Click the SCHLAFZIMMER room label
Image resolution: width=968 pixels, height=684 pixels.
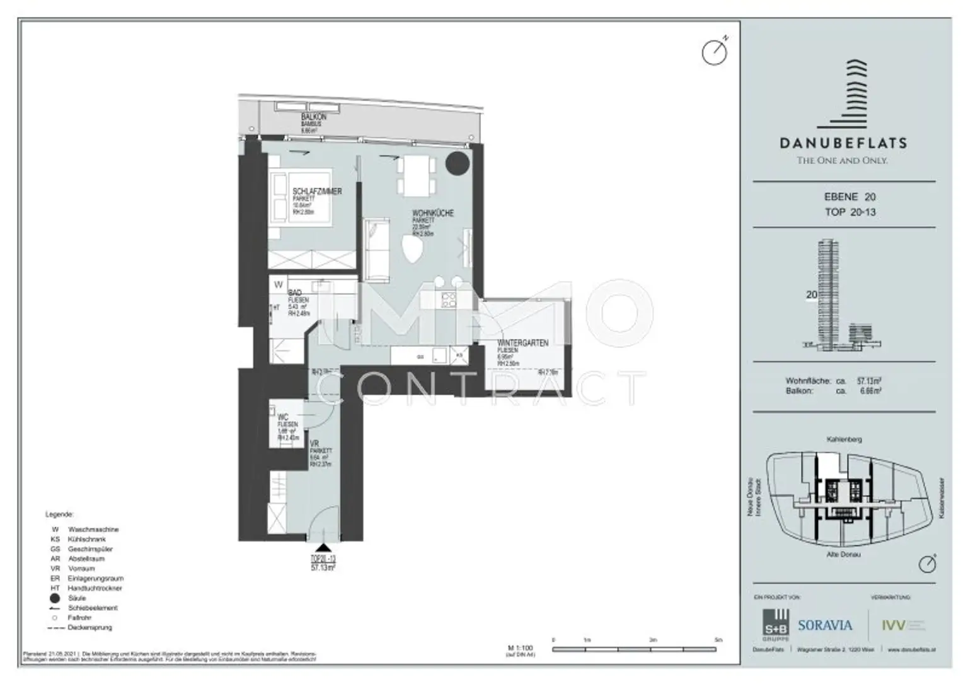tap(317, 191)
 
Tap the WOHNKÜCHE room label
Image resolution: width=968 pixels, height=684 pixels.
tap(432, 213)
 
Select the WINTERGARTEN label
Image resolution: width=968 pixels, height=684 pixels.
tap(522, 343)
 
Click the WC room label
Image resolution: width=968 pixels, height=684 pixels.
tap(282, 417)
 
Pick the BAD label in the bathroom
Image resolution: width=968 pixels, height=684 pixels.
tap(294, 293)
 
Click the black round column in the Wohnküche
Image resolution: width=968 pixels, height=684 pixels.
tap(458, 163)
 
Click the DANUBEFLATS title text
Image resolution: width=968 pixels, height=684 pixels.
tap(843, 143)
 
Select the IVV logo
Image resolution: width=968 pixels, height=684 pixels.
tap(893, 625)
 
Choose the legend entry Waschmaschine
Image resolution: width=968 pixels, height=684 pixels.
tap(93, 530)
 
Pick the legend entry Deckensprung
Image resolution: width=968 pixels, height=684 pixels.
tap(89, 628)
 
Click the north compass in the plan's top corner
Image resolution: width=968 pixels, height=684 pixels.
tap(715, 52)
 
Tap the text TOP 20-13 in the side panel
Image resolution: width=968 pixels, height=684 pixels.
tap(850, 212)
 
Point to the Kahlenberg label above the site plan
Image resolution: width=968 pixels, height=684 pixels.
tap(844, 439)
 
